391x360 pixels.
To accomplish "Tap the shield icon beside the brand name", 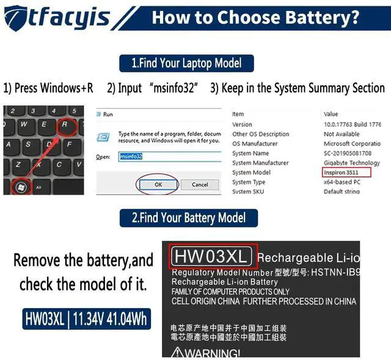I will coord(18,18).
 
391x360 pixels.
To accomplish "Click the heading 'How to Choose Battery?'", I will coord(255,16).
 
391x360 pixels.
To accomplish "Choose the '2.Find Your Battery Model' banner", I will coord(189,218).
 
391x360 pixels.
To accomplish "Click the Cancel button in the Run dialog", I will coord(200,184).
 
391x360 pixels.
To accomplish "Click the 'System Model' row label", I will coord(251,173).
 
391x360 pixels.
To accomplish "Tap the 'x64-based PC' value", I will coord(342,182).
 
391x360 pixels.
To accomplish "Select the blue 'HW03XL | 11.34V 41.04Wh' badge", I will coord(86,319).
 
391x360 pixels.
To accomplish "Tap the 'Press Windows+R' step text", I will coord(48,88).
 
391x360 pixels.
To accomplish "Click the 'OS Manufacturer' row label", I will coord(255,143).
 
